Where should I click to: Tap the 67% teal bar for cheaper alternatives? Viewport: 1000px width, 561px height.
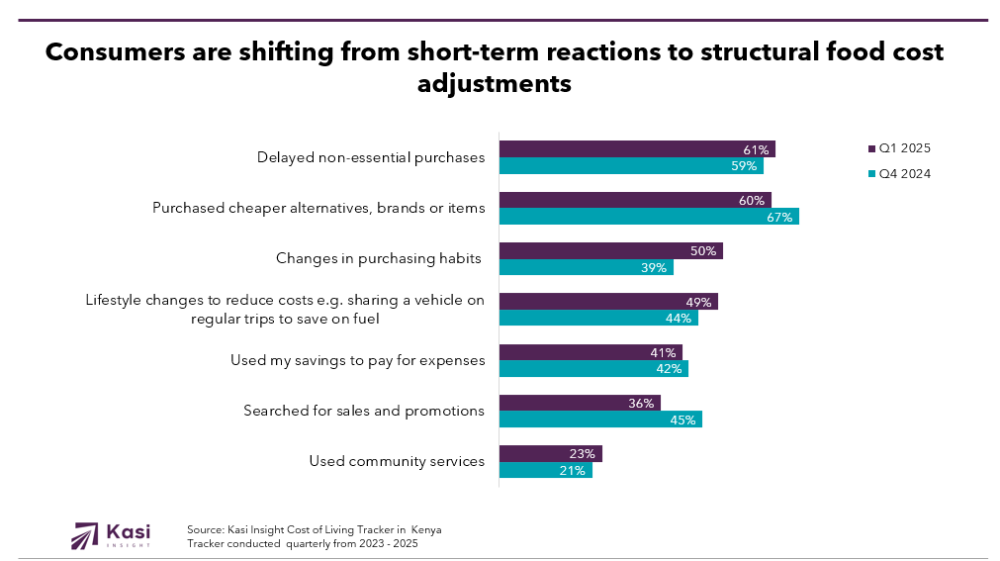click(x=648, y=217)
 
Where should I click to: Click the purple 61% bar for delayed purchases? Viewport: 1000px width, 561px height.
click(x=636, y=149)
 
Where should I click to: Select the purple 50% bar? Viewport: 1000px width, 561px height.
click(x=610, y=251)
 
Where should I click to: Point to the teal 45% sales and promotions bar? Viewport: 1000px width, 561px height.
click(x=599, y=420)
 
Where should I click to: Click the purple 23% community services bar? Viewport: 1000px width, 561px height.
click(x=550, y=454)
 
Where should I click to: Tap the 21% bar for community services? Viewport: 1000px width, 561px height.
click(x=545, y=470)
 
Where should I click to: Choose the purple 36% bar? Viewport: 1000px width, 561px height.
click(x=579, y=403)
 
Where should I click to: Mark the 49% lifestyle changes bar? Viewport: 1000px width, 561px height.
click(x=607, y=302)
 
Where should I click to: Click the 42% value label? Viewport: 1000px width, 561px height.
click(x=670, y=369)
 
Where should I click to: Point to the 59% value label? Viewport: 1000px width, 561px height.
click(x=744, y=166)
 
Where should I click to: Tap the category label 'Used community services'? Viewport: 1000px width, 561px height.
click(x=397, y=461)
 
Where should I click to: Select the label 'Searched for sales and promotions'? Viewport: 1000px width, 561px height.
click(x=364, y=411)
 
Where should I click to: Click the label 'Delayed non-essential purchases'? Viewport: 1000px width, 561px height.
click(x=371, y=157)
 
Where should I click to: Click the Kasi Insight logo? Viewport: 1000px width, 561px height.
click(x=111, y=535)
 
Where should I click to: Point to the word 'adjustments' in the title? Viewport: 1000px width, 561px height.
click(x=495, y=84)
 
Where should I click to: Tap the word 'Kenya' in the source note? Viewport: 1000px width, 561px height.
click(x=426, y=530)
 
